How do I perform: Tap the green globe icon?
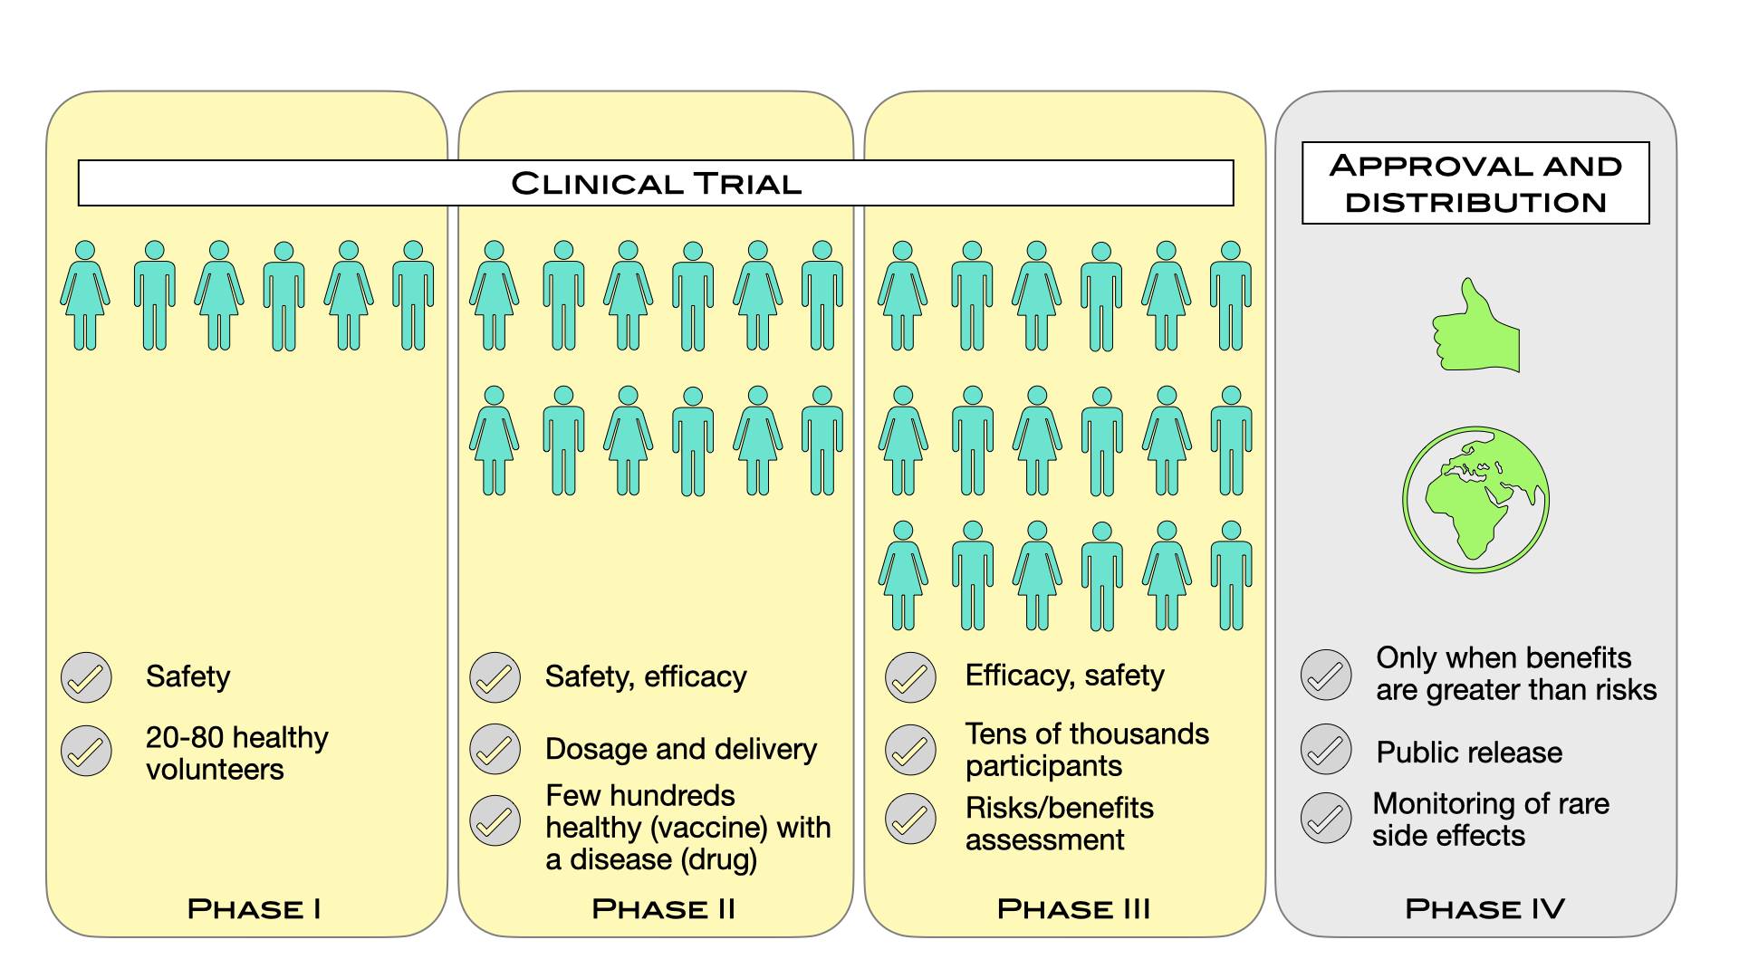(1475, 500)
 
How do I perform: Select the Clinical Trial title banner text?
(656, 184)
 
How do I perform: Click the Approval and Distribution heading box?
(1475, 184)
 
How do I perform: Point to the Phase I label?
(254, 908)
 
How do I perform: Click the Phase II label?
(663, 908)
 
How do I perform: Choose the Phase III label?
(1073, 908)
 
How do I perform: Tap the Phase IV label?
(1484, 908)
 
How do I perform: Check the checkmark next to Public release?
(1326, 750)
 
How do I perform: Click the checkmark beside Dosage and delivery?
(495, 750)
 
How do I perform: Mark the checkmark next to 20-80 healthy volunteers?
(86, 752)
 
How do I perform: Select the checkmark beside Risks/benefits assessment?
(910, 820)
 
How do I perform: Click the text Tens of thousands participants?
(1086, 750)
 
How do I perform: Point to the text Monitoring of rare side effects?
(1490, 820)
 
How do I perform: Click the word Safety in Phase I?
(187, 677)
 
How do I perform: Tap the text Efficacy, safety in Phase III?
(1064, 676)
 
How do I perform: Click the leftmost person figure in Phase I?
(85, 296)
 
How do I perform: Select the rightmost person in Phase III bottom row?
(1231, 576)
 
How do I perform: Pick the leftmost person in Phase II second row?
(495, 441)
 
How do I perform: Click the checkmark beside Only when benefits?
(1326, 676)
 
